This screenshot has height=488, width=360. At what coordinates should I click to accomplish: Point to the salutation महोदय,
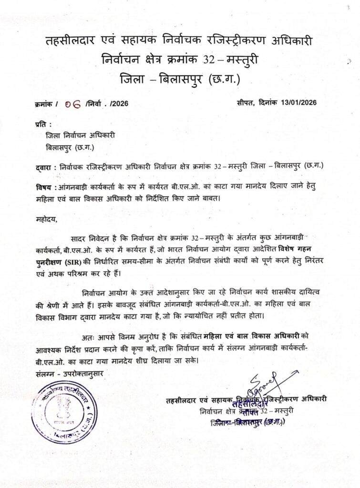(46, 220)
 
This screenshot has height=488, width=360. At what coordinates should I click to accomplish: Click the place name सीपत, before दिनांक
(246, 102)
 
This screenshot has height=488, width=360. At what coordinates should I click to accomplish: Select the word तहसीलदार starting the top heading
(71, 42)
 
